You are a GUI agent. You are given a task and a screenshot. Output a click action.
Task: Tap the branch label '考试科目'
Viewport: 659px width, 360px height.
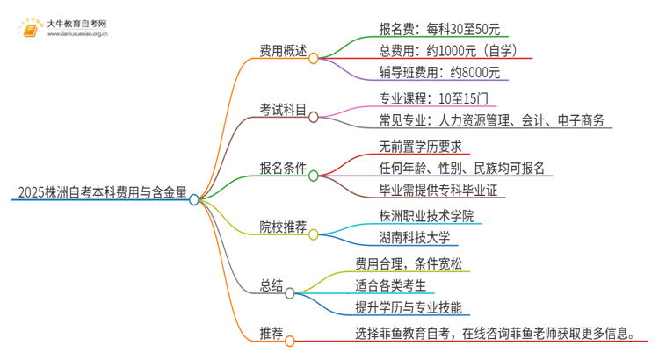[x=283, y=112]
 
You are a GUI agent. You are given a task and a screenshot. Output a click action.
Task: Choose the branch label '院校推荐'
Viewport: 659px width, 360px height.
[x=283, y=227]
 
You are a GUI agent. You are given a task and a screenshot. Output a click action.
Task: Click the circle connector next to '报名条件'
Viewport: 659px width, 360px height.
[x=314, y=176]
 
